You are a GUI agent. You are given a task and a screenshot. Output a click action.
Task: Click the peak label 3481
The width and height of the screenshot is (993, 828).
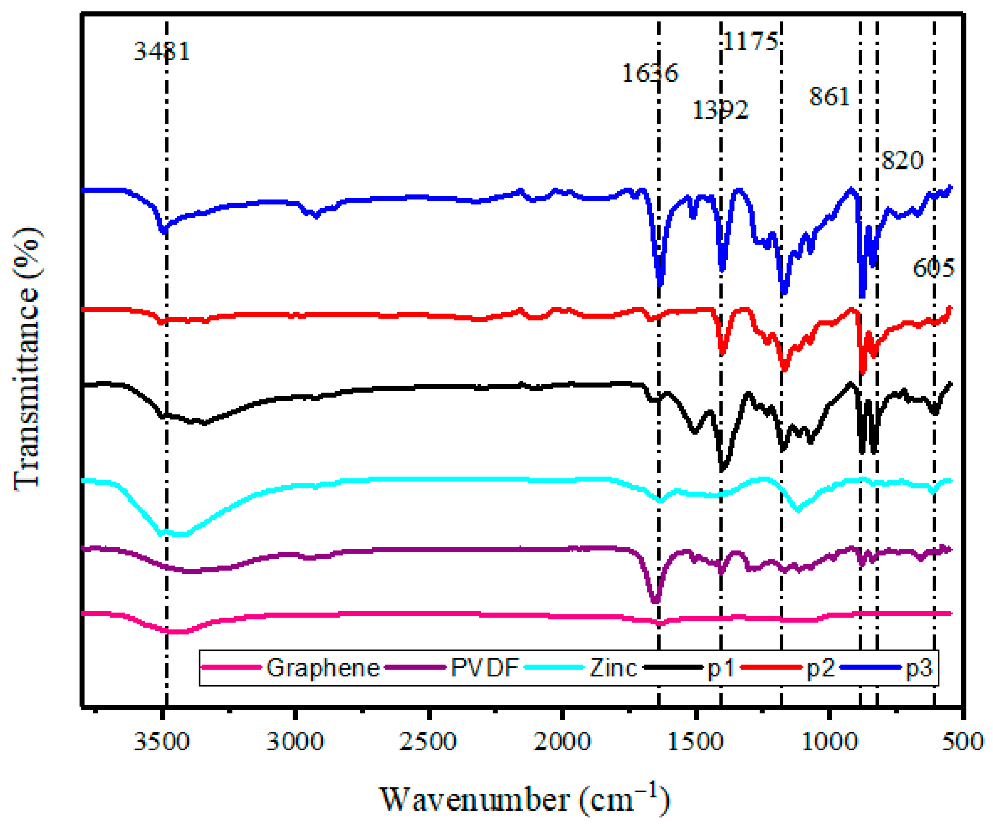click(x=162, y=51)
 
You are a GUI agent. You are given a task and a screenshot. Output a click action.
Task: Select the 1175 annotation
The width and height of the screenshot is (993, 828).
click(x=751, y=42)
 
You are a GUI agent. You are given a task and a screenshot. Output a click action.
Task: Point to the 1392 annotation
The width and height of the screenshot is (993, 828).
click(x=720, y=110)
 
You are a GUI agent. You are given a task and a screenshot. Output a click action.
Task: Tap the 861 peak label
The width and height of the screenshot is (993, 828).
click(x=829, y=97)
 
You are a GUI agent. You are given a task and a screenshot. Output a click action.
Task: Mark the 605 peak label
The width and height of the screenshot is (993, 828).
click(x=933, y=269)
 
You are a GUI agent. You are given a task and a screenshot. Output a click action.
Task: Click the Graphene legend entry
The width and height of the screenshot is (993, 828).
click(x=323, y=668)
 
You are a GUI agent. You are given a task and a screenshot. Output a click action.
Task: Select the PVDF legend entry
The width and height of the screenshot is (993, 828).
click(x=485, y=668)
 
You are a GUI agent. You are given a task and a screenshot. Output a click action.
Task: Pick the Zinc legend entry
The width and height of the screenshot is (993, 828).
click(x=613, y=668)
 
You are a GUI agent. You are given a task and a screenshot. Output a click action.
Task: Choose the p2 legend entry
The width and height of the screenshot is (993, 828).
click(x=821, y=668)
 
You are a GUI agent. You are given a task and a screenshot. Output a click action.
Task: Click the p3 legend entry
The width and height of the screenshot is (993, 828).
click(x=919, y=668)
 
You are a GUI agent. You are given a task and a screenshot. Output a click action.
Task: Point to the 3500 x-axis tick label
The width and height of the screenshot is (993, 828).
click(x=162, y=741)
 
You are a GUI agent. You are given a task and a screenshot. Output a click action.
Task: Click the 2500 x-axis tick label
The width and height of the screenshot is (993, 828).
click(x=429, y=741)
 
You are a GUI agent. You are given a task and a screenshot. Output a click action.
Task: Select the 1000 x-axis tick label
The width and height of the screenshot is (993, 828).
click(x=829, y=741)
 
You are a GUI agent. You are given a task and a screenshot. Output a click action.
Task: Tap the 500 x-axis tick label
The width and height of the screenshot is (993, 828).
click(x=963, y=741)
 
